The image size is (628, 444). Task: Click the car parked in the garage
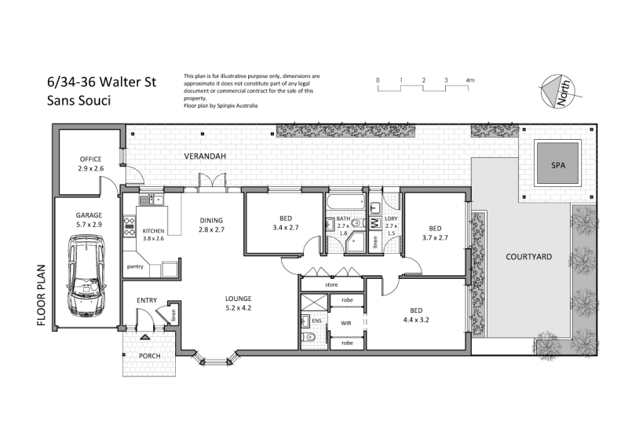coord(86,277)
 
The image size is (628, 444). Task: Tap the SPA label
coord(557,167)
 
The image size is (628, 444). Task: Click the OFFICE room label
coord(90,164)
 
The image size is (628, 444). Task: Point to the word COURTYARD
coord(528,257)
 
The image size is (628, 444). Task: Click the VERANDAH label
coord(205,157)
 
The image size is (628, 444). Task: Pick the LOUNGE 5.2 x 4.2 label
coord(238,303)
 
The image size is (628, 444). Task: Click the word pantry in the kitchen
coord(134,267)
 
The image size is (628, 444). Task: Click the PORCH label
coord(150,354)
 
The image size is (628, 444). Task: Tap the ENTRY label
coord(147,300)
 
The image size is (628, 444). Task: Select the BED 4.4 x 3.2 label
coord(416,315)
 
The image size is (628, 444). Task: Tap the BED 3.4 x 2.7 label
coord(285,224)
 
